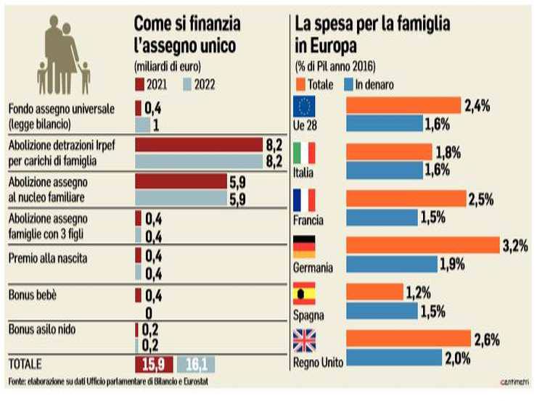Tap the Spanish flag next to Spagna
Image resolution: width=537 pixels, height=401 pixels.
[303, 294]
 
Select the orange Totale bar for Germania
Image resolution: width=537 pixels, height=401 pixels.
[422, 247]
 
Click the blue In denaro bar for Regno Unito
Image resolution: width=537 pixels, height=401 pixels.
[394, 358]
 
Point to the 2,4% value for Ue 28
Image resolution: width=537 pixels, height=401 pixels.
[477, 106]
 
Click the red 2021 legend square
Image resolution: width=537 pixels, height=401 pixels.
[139, 85]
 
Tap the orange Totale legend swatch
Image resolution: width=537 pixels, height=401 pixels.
[300, 85]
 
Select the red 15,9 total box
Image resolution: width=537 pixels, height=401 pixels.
[153, 363]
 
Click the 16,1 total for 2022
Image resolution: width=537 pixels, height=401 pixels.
[195, 363]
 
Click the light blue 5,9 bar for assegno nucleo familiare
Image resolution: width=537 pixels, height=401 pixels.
[181, 199]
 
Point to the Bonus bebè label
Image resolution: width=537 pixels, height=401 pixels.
[33, 296]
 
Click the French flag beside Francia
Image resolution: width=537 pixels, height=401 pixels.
[303, 199]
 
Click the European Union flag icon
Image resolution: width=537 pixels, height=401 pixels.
[303, 107]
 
